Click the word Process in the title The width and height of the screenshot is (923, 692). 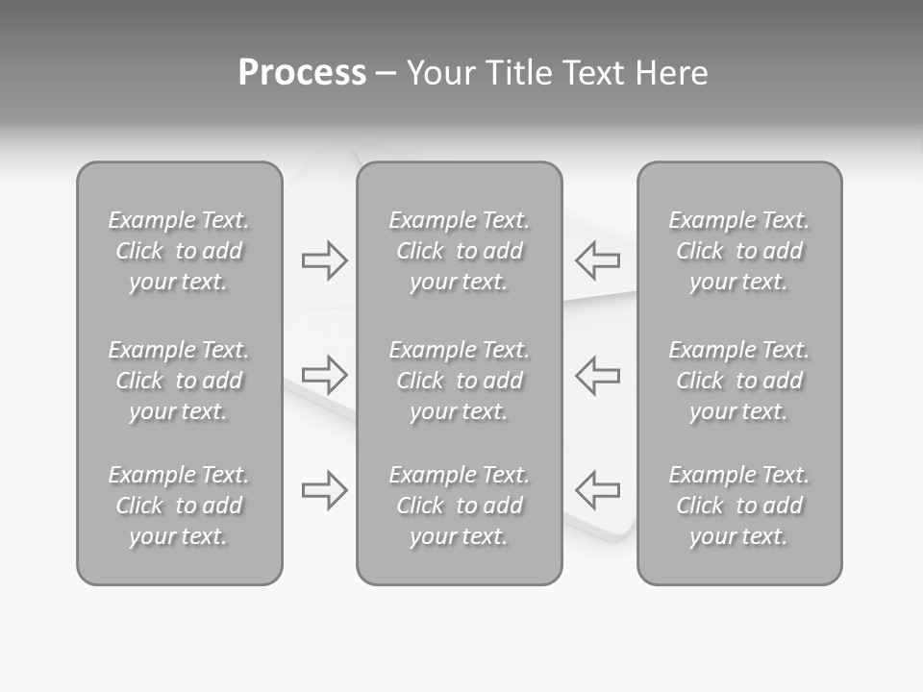point(302,73)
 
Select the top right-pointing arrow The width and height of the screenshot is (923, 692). point(324,259)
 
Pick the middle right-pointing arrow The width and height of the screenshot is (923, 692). point(324,374)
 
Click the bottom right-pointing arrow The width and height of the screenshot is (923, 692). point(324,489)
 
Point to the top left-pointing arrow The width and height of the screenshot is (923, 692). point(598,259)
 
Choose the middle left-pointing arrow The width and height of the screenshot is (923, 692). point(598,374)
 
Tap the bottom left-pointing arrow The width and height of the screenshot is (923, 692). point(598,489)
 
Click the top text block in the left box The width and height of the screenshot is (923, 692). point(179,251)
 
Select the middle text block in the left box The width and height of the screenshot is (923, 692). point(179,381)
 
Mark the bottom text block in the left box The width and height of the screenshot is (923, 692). point(179,506)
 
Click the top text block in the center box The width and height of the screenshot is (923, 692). point(460,251)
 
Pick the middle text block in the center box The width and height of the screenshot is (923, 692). point(460,381)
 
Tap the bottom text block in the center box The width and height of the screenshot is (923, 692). point(460,506)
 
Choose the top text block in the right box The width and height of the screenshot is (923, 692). point(739,251)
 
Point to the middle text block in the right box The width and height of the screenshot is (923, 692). point(739,381)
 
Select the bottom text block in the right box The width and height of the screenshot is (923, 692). point(739,506)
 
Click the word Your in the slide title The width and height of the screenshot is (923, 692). point(437,73)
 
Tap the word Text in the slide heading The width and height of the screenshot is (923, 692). point(590,73)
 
